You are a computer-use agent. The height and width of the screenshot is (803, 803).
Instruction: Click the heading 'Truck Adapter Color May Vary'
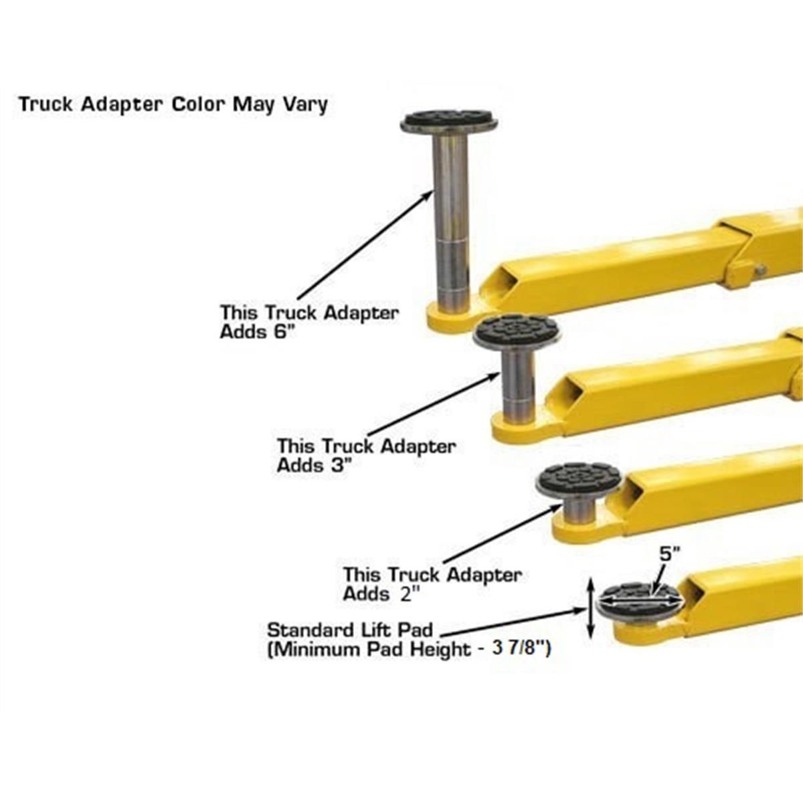coord(173,104)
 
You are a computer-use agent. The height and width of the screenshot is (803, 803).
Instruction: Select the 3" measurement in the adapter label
coord(341,466)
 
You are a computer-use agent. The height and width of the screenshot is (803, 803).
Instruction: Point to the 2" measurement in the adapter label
coord(409,594)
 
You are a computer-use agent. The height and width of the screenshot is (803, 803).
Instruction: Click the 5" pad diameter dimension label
coord(670,555)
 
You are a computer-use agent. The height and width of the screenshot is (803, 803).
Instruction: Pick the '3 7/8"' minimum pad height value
coord(521,649)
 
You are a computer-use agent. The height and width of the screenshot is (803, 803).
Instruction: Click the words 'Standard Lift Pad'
coord(350,630)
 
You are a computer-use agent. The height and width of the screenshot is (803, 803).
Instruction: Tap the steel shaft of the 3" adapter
coord(518,385)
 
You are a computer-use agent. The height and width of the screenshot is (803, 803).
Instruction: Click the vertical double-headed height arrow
coord(590,609)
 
